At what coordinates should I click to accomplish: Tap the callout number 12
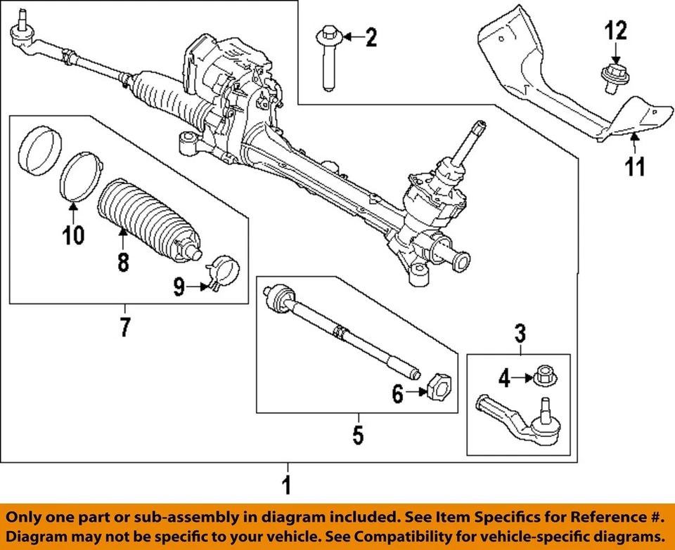point(615,31)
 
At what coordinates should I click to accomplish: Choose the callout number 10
point(73,235)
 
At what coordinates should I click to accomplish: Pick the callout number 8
point(123,262)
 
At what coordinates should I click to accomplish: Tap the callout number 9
point(179,287)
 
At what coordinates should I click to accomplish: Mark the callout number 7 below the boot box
point(124,327)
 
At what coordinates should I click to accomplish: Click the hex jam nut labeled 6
point(437,387)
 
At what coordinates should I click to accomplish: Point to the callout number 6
point(398,395)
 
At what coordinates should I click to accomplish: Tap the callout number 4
point(503,379)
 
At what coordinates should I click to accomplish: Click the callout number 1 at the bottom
point(286,485)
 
